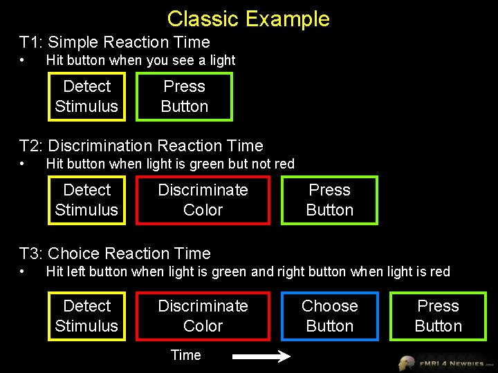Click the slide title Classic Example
(248, 19)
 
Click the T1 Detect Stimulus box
(86, 97)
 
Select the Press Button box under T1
(184, 97)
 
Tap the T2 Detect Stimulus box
(86, 200)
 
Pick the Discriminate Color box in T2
(203, 200)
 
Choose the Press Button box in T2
(329, 200)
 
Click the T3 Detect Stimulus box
(86, 316)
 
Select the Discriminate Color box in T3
(203, 316)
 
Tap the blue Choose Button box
(329, 316)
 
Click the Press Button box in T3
(438, 316)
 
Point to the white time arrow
(261, 357)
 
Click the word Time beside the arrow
(185, 355)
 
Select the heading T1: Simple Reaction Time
(114, 42)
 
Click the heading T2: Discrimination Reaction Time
(141, 146)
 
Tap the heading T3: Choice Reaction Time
(115, 254)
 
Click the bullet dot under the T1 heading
(24, 61)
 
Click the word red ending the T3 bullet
(440, 271)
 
